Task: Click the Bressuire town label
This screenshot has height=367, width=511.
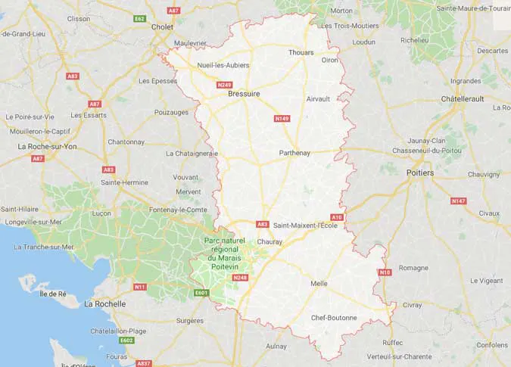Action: click(x=244, y=94)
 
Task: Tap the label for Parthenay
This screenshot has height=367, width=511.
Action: click(x=294, y=153)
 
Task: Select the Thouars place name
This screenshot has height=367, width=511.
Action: click(x=301, y=52)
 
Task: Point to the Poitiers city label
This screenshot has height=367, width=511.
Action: click(x=420, y=173)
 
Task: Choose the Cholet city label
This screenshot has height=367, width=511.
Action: click(x=163, y=26)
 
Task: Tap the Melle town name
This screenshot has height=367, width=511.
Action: click(x=319, y=283)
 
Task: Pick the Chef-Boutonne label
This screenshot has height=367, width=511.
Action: click(x=334, y=318)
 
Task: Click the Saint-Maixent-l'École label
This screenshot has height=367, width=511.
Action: click(x=305, y=225)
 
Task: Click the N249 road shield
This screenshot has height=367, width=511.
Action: click(x=224, y=85)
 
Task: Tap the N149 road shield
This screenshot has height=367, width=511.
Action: click(x=282, y=119)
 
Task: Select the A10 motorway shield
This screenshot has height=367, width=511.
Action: click(x=337, y=217)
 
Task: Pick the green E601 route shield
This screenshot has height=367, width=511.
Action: click(x=201, y=293)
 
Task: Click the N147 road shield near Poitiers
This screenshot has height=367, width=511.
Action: click(x=458, y=201)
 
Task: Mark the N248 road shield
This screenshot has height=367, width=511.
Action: click(x=241, y=278)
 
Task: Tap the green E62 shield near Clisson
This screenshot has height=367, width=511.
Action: click(x=139, y=18)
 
